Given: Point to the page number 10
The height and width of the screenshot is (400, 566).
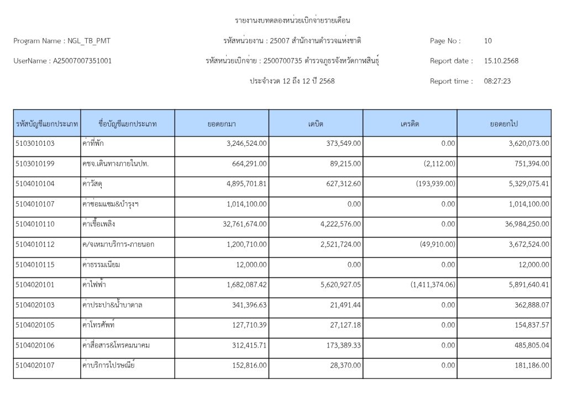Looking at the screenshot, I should point(488,41).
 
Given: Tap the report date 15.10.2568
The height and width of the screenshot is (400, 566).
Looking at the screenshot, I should point(501,61).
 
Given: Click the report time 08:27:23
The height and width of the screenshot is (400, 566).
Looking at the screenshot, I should point(497,81).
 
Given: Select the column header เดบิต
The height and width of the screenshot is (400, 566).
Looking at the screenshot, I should point(316,124).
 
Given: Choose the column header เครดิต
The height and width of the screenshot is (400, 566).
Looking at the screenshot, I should point(410,124).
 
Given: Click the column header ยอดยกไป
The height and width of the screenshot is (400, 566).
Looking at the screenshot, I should point(504,124).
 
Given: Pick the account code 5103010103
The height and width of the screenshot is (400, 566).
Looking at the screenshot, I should point(35,144).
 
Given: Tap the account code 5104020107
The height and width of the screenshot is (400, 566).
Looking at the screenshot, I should point(35,365).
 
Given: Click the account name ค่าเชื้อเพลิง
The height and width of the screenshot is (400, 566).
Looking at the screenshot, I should point(98,224).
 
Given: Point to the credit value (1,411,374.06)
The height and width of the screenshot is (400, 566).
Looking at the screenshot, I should point(433,285).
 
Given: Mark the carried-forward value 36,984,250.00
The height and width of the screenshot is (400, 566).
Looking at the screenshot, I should point(522,224).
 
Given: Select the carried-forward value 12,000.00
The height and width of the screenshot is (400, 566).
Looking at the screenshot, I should point(532,265).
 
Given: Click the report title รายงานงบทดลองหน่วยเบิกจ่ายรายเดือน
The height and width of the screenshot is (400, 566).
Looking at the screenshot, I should point(293,21).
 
